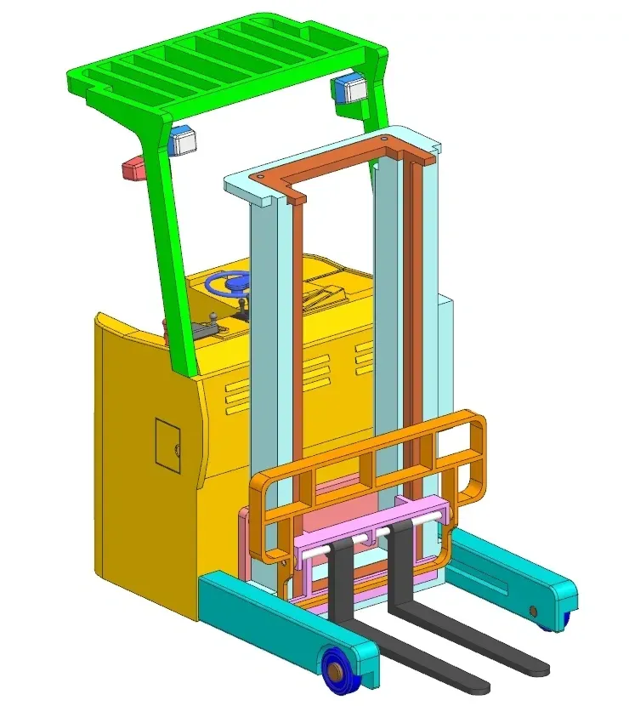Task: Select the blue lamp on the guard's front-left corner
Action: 182,140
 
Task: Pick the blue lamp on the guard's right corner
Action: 348,87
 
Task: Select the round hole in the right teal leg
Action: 534,611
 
